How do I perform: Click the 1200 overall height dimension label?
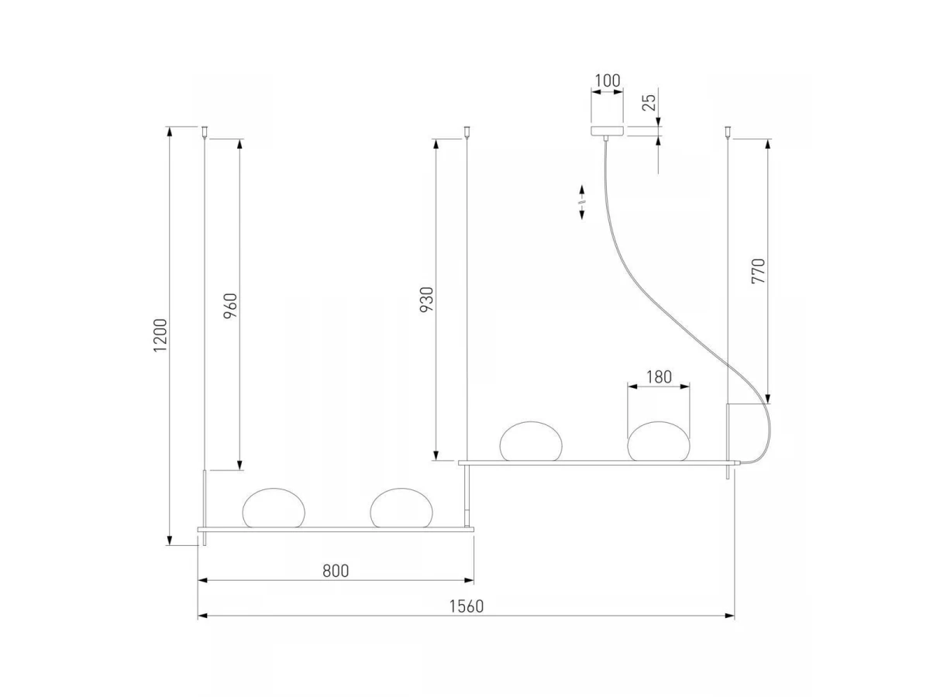pyautogui.click(x=160, y=335)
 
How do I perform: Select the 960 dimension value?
pyautogui.click(x=230, y=306)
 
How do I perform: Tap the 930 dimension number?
pyautogui.click(x=427, y=300)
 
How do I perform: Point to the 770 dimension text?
pyautogui.click(x=758, y=271)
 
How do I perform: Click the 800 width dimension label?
pyautogui.click(x=336, y=571)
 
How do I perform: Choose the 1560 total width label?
pyautogui.click(x=466, y=606)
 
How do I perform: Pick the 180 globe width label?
pyautogui.click(x=659, y=376)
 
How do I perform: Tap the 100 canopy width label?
pyautogui.click(x=607, y=81)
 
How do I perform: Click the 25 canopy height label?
pyautogui.click(x=649, y=102)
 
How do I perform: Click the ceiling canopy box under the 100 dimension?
pyautogui.click(x=607, y=130)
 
